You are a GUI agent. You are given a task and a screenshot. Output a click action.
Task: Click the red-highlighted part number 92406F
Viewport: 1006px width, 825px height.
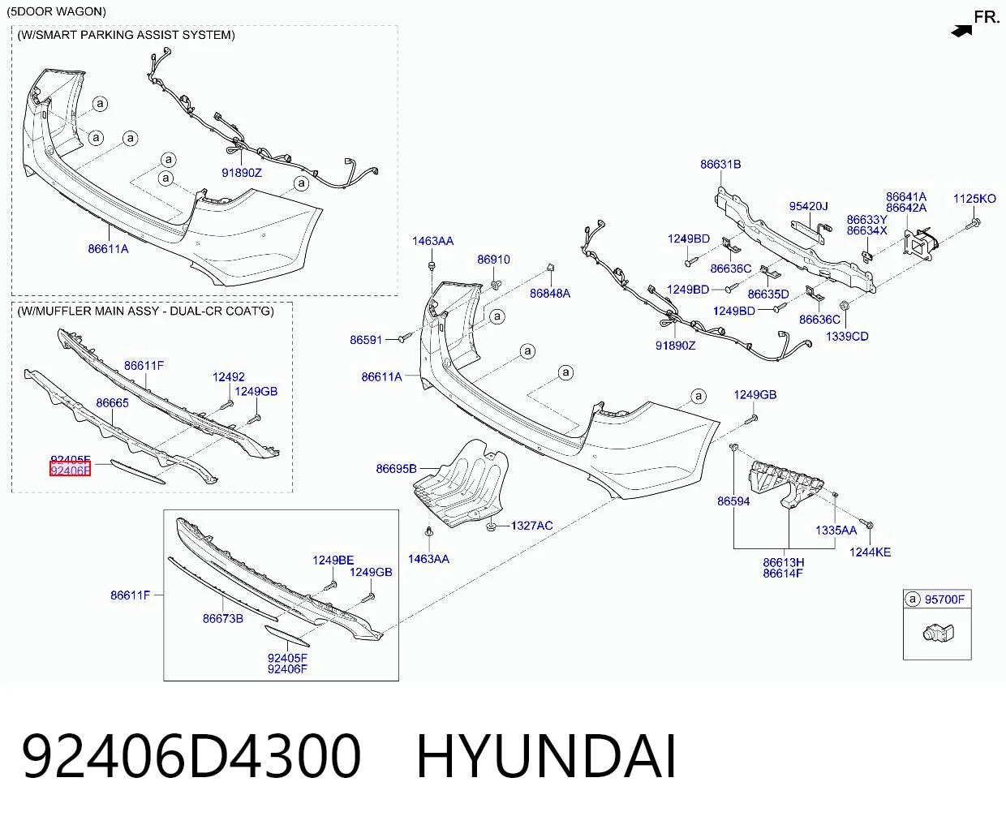point(70,471)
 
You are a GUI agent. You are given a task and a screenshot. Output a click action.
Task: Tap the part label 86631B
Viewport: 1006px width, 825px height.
point(720,164)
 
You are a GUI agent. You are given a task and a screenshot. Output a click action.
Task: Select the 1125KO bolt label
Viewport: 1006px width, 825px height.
point(974,199)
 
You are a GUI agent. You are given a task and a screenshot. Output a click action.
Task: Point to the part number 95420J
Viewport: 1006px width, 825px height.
point(809,206)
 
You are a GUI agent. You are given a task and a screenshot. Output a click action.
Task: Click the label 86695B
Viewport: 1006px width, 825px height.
point(396,469)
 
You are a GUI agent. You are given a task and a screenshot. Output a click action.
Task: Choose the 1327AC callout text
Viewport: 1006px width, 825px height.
point(532,526)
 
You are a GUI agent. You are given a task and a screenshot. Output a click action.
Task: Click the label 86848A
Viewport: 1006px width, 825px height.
point(550,294)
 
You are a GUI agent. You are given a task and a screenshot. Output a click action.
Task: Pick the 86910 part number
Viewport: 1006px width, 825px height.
point(494,260)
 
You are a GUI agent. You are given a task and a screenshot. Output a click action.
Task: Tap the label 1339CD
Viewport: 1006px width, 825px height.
point(847,336)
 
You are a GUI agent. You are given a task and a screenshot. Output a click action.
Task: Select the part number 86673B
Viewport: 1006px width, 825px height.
point(223,618)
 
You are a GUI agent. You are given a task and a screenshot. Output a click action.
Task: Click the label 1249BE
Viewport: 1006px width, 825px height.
point(333,560)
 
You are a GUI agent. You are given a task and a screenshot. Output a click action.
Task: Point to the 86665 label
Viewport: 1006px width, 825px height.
point(112,402)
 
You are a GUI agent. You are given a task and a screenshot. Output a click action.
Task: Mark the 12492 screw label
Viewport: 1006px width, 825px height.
point(229,376)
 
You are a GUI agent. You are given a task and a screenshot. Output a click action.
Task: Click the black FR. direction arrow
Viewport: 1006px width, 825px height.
point(961,31)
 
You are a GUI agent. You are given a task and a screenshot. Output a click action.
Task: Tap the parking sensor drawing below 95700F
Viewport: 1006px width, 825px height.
point(937,634)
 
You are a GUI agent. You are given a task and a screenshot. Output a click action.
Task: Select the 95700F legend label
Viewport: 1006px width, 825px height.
point(944,599)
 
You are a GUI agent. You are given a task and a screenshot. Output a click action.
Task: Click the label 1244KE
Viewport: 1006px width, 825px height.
point(870,552)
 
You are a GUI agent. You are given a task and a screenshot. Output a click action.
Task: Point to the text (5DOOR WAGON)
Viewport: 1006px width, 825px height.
point(56,11)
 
